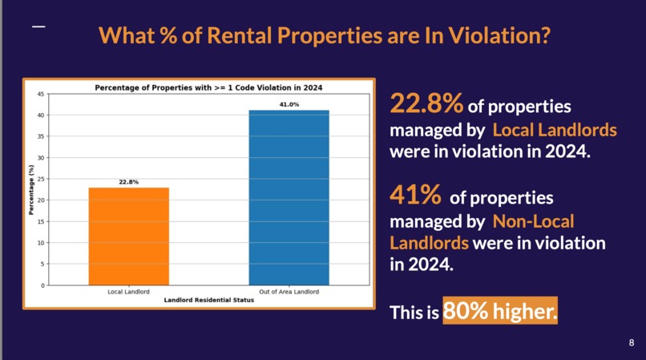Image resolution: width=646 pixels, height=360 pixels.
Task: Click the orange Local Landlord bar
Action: pyautogui.click(x=128, y=236)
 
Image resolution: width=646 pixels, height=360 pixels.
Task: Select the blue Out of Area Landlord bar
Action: pyautogui.click(x=289, y=197)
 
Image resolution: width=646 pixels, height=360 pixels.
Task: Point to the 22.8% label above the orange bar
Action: pyautogui.click(x=128, y=182)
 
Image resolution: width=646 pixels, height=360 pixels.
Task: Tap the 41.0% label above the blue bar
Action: pyautogui.click(x=289, y=104)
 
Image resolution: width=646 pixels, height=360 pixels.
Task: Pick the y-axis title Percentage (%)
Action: pyautogui.click(x=32, y=189)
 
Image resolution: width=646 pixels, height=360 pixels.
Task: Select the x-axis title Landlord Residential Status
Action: pyautogui.click(x=208, y=300)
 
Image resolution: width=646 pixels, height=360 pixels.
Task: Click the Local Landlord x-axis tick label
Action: pyautogui.click(x=128, y=292)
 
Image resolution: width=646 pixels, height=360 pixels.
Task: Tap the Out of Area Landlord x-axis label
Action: pyautogui.click(x=289, y=292)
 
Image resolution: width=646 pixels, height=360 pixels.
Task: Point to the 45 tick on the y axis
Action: pyautogui.click(x=41, y=95)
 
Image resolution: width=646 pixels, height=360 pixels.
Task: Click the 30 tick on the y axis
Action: pyautogui.click(x=41, y=158)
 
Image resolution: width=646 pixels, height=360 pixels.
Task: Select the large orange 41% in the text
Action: pyautogui.click(x=415, y=195)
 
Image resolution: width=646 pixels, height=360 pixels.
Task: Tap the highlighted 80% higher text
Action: pyautogui.click(x=499, y=310)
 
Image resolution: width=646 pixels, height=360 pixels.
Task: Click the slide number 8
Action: pyautogui.click(x=631, y=342)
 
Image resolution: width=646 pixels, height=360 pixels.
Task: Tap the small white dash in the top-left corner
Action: pyautogui.click(x=38, y=27)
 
